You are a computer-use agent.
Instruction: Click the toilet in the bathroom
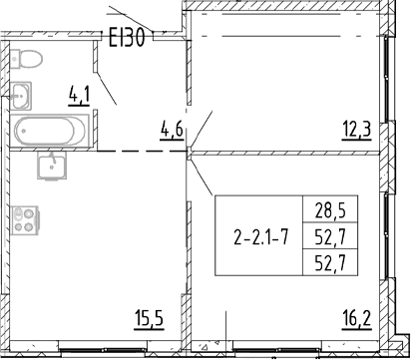(x=26, y=59)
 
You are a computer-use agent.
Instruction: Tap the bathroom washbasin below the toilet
(x=21, y=96)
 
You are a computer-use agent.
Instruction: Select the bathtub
(x=50, y=131)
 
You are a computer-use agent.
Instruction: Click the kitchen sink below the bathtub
(x=52, y=166)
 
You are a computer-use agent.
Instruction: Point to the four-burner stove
(x=25, y=220)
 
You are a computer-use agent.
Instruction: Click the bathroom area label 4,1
(x=79, y=96)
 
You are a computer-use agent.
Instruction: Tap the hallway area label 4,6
(x=172, y=131)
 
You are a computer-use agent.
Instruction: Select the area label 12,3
(x=357, y=131)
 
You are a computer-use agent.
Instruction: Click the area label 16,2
(x=357, y=320)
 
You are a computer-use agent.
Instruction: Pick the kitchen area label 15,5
(x=150, y=320)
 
